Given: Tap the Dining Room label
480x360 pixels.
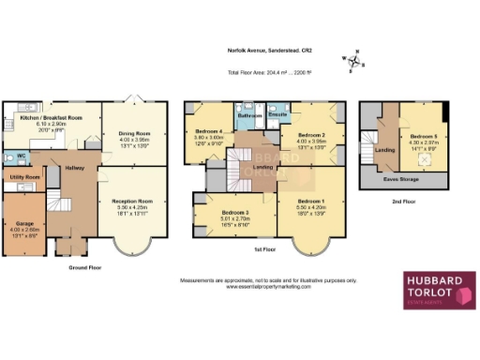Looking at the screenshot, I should (134, 134).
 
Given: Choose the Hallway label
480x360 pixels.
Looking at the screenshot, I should (75, 168).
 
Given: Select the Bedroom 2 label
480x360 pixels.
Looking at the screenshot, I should (312, 134).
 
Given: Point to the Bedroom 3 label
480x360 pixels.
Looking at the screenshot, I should (221, 213).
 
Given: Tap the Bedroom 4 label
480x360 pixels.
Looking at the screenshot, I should (209, 131).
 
